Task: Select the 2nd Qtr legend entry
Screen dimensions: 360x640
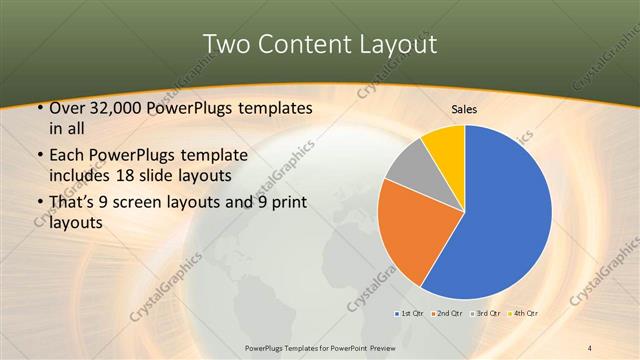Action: (447, 315)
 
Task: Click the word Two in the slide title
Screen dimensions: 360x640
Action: (227, 44)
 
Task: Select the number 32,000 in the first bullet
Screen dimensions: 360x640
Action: (115, 108)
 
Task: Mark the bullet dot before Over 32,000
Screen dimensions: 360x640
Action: (38, 108)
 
